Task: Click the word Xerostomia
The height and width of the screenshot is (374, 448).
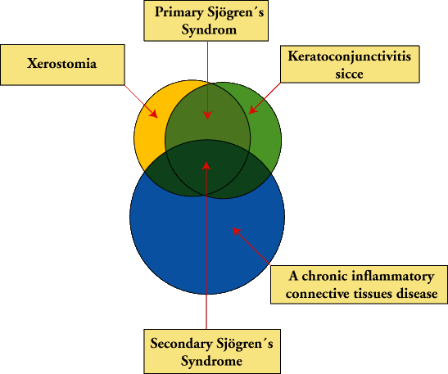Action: pos(62,63)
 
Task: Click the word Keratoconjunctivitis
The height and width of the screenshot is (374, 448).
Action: pos(350,56)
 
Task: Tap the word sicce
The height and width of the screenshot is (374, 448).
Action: pos(349,74)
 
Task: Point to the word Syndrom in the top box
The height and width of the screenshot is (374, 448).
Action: pos(209,30)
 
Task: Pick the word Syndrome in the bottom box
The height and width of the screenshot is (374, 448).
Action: pos(211,361)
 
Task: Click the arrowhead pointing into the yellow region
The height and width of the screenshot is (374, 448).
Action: pos(154,114)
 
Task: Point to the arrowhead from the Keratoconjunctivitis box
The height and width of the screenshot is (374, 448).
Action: pos(252,110)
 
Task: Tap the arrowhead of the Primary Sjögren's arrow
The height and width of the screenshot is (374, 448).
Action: pos(207,115)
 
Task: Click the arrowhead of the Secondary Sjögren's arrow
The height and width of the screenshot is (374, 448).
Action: pos(206,166)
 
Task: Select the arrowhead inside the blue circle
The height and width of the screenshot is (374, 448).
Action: pos(237,232)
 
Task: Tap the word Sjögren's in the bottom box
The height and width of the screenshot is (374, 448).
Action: pos(245,344)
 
